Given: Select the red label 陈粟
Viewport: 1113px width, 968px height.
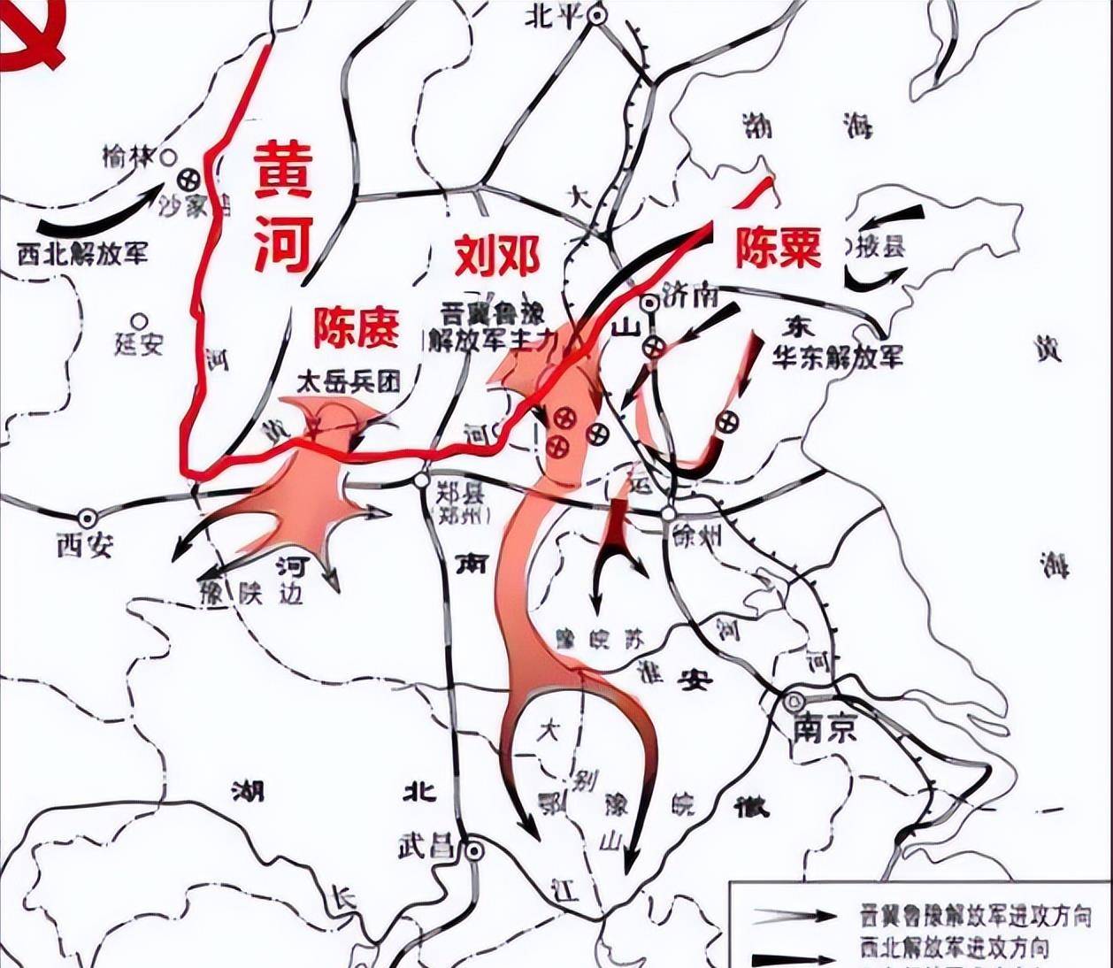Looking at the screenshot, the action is (x=778, y=247).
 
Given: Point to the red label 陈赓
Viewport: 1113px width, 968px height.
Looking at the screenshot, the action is (x=356, y=327).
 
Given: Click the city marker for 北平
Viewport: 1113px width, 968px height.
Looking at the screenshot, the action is (x=599, y=15).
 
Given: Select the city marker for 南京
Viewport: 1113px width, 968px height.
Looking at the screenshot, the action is (x=792, y=701).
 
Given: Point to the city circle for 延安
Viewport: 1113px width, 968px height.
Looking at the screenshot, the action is (x=138, y=320).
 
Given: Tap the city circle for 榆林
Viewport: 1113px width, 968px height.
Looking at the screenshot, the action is (x=169, y=157).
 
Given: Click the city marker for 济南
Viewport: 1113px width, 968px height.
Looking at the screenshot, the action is (x=650, y=302).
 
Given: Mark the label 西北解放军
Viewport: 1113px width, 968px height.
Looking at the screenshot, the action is (x=83, y=253).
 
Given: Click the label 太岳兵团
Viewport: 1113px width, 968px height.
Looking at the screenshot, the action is (x=348, y=381).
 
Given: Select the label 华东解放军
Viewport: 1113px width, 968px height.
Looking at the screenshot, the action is (x=838, y=357).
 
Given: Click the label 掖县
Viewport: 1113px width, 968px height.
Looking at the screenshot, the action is (x=881, y=246).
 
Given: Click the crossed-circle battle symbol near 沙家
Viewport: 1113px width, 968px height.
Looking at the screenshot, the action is (x=188, y=179).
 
